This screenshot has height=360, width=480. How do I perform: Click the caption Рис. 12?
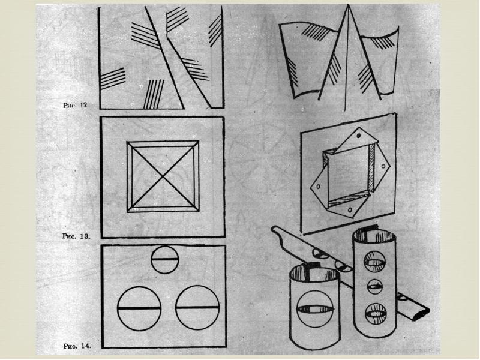point(75,105)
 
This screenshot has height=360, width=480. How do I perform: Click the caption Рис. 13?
point(76,236)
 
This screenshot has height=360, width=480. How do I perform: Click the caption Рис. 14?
point(76,346)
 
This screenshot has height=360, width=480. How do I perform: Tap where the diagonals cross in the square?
point(163,178)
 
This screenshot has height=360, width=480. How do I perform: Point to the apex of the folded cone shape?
point(347,7)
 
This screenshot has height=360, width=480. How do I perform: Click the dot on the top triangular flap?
point(359,137)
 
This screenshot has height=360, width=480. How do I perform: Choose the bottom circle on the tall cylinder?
point(375,313)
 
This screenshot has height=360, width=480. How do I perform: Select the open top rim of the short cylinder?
point(314,272)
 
